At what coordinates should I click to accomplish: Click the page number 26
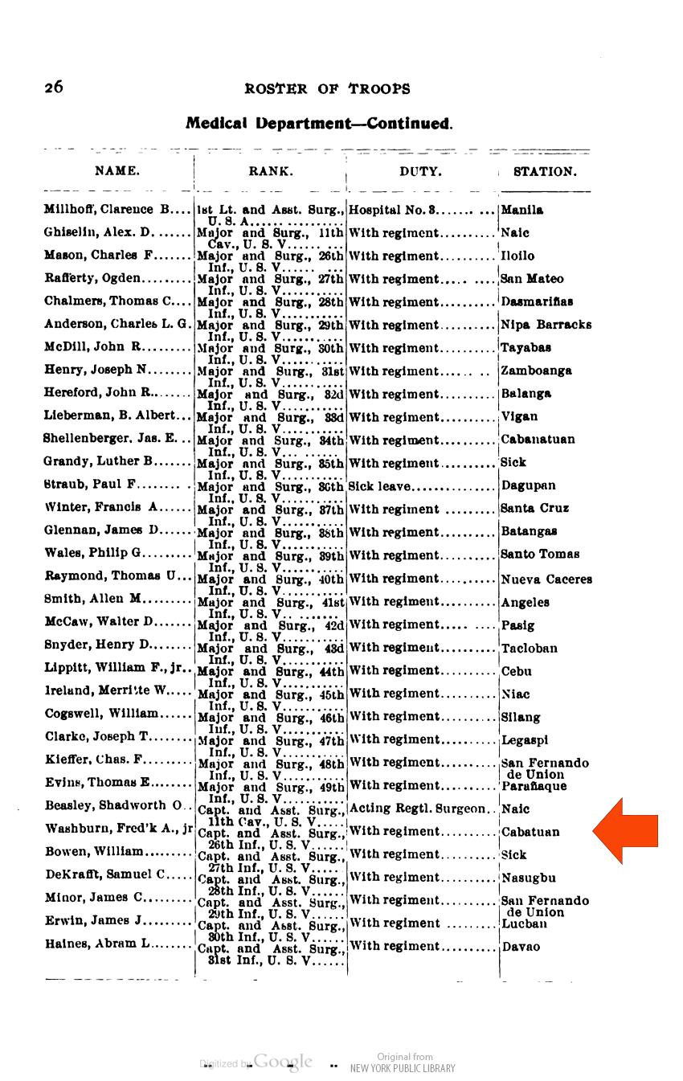coord(54,88)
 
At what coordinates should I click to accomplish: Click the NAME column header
coord(117,171)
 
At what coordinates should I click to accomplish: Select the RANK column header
coord(271,171)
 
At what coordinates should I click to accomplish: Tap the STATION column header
coord(545,171)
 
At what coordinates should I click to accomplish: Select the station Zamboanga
coord(536,371)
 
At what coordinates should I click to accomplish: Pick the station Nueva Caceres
coord(546,579)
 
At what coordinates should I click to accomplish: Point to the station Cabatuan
coord(530,833)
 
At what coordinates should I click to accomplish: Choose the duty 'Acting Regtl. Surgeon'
coord(418,809)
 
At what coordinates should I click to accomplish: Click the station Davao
coord(521,947)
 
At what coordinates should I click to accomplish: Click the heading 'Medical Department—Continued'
coord(319,124)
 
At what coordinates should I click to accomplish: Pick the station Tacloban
coord(529,649)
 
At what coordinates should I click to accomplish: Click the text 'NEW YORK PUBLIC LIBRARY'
coord(403,1068)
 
